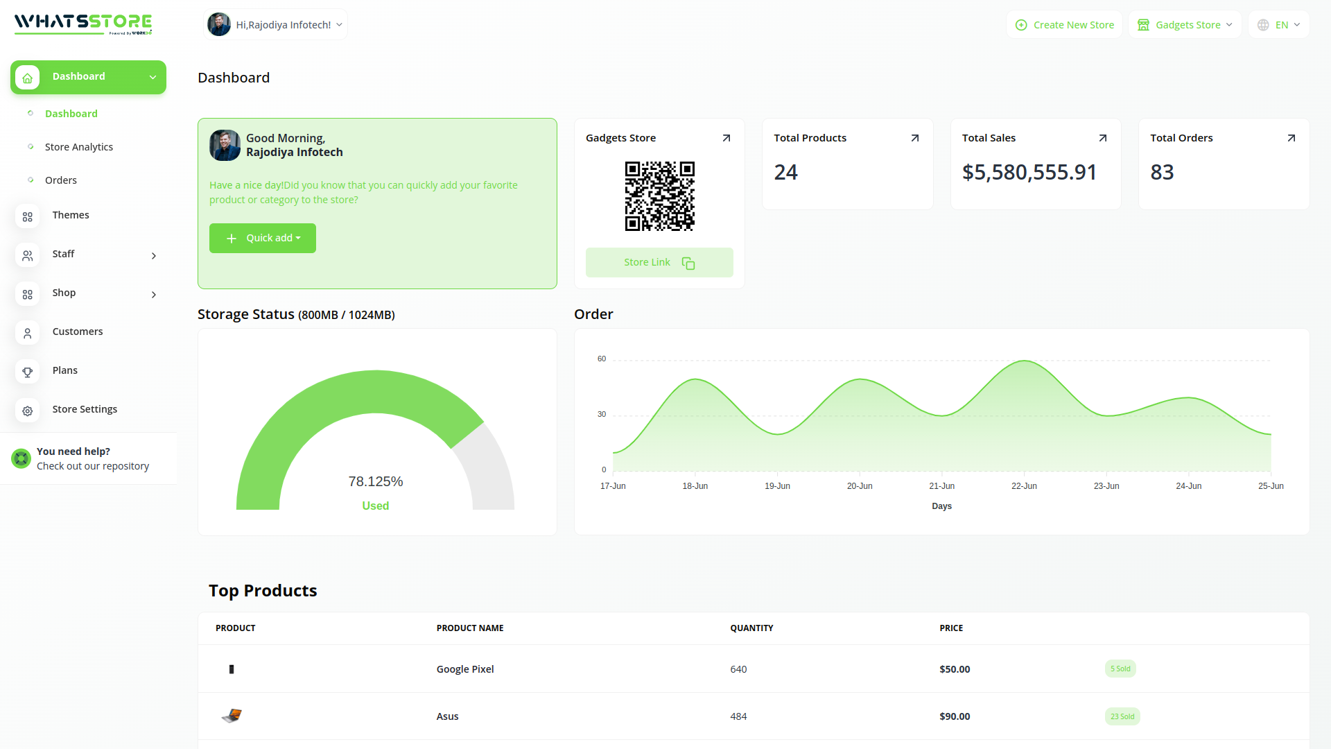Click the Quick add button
(x=263, y=238)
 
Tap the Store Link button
(x=659, y=263)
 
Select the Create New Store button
(x=1064, y=25)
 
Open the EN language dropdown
(x=1279, y=25)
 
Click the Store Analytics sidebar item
(x=79, y=147)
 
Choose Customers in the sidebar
(x=78, y=332)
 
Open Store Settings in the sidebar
(x=85, y=409)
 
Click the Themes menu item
(x=71, y=215)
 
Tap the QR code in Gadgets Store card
(x=659, y=196)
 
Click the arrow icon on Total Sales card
(x=1103, y=138)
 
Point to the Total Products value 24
(x=786, y=172)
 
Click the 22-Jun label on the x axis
(x=1024, y=486)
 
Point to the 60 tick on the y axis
(x=602, y=359)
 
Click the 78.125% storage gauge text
(x=376, y=481)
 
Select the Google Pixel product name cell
(x=465, y=669)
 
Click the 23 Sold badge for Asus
(x=1122, y=716)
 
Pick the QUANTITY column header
(x=751, y=628)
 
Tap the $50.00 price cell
(x=955, y=669)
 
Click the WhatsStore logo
(x=83, y=24)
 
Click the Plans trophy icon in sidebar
(x=28, y=372)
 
